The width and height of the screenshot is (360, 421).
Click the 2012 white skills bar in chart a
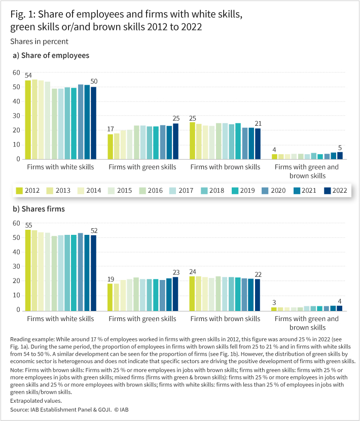28,120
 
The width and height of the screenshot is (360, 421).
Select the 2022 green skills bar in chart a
175,141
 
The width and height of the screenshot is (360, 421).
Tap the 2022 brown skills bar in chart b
258,295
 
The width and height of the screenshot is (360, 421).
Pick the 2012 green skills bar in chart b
110,297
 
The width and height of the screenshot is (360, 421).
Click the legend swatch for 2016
142,191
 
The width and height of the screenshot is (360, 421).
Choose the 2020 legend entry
274,191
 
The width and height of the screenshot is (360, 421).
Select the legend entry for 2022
335,191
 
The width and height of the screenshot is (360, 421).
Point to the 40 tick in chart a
16,101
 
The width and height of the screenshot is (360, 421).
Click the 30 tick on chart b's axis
16,266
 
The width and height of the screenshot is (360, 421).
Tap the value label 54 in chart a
28,76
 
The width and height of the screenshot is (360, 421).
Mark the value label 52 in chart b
94,231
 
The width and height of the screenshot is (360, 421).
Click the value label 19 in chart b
111,279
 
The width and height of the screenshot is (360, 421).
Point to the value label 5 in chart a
340,148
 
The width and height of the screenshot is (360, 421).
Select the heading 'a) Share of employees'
51,55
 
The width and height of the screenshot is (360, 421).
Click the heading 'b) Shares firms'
39,209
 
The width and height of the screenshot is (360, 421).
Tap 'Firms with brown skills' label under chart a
225,167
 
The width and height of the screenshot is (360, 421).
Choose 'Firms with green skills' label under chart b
142,319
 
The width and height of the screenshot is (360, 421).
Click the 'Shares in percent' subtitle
39,42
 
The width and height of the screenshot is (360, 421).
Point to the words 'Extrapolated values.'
36,401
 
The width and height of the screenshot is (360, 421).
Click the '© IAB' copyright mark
121,410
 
